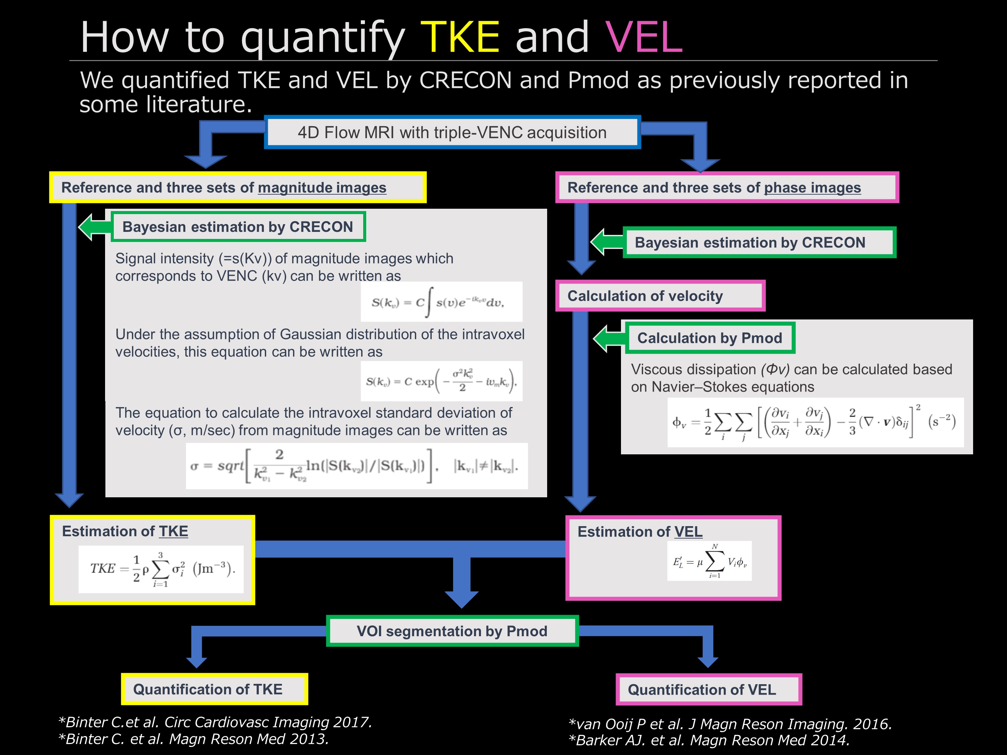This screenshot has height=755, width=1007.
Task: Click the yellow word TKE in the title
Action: tap(460, 37)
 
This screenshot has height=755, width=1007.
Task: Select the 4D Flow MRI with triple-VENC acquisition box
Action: tap(452, 133)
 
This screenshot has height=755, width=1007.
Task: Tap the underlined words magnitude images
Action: tap(322, 188)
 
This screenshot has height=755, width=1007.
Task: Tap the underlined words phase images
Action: tap(812, 188)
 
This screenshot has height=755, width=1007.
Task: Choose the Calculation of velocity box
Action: tap(660, 296)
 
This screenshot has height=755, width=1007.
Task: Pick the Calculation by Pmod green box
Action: tap(710, 338)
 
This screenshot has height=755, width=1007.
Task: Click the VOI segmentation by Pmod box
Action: tap(452, 631)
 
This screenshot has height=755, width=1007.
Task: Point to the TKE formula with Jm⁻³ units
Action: tap(161, 569)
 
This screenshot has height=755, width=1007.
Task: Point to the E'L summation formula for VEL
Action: tap(709, 561)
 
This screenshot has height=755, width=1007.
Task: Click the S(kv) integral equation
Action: tap(441, 302)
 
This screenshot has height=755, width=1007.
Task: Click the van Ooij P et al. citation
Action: tap(730, 724)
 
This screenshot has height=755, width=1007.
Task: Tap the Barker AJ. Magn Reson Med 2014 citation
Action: tap(709, 741)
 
